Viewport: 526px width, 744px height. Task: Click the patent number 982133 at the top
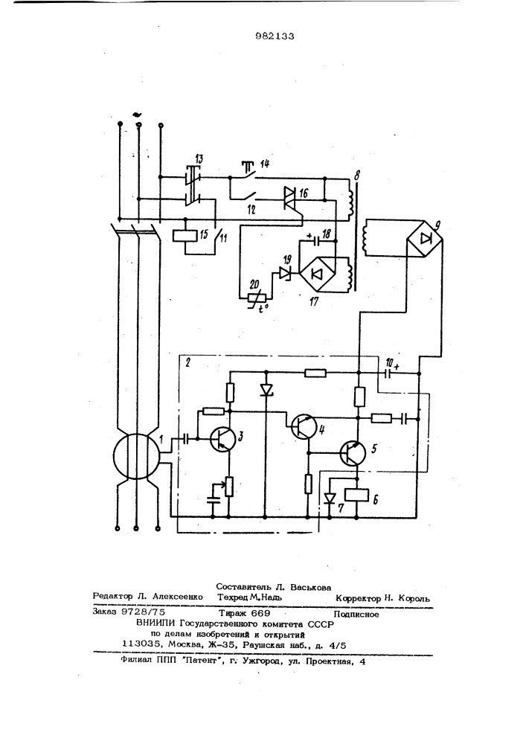[275, 36]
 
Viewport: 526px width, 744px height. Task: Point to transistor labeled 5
[353, 453]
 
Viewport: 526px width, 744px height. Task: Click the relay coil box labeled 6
[355, 496]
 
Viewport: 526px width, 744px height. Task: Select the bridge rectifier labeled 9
[426, 238]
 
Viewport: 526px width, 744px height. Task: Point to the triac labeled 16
[289, 197]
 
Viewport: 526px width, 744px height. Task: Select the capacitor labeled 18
[316, 241]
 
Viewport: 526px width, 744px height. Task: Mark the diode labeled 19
[286, 273]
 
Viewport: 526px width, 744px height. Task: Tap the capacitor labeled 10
[388, 373]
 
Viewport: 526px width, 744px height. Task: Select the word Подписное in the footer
[356, 615]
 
